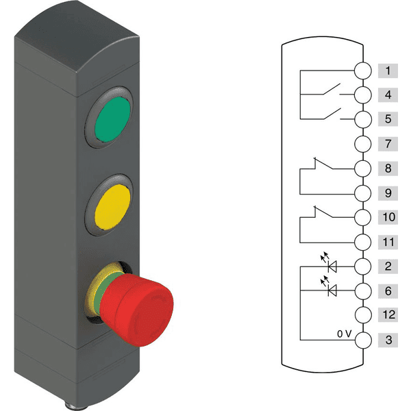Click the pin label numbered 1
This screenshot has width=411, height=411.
click(388, 71)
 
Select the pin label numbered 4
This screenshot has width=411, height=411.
click(388, 95)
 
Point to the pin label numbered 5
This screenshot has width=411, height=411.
click(388, 119)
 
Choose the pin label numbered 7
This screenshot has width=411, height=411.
click(388, 144)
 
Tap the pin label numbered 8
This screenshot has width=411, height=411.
click(388, 168)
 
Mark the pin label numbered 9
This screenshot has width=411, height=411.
click(388, 192)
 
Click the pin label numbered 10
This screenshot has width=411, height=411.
click(388, 217)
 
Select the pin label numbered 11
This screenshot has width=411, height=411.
click(388, 242)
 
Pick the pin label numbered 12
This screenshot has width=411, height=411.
click(388, 315)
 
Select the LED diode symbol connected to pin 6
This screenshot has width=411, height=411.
click(332, 290)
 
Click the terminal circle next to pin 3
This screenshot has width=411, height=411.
click(362, 340)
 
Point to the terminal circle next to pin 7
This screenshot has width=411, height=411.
click(362, 144)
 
